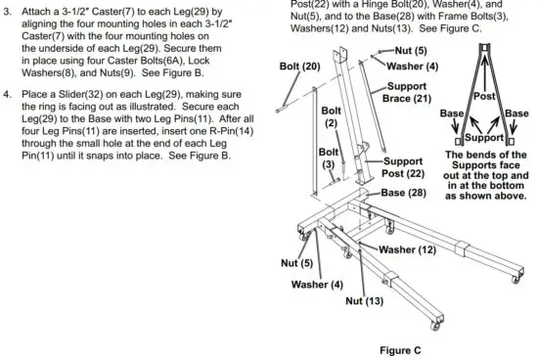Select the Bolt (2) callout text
click(x=332, y=116)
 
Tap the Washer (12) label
click(x=408, y=249)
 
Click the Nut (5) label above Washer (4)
click(x=409, y=49)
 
